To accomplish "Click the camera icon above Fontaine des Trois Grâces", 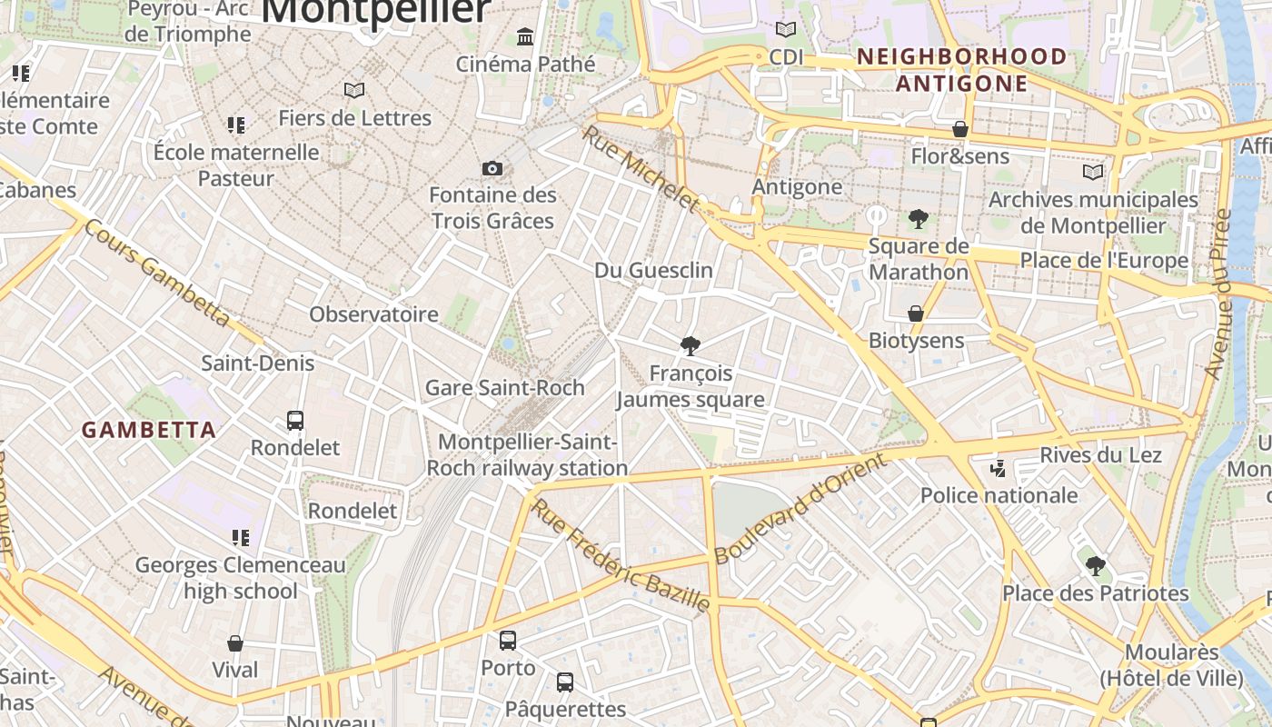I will [x=492, y=169].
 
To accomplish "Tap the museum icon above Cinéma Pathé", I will [x=525, y=37].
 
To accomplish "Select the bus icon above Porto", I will [x=508, y=641].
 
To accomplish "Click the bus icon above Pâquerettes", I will [x=565, y=682].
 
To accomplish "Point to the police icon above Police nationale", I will [x=999, y=469].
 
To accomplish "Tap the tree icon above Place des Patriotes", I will [x=1096, y=566].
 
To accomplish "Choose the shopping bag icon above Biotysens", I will [x=916, y=314].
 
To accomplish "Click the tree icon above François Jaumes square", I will [x=691, y=345].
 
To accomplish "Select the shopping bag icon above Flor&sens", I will [x=960, y=129].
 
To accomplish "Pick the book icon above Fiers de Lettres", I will [x=354, y=91].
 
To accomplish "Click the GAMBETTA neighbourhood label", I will [x=149, y=430].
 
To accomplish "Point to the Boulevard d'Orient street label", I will [x=800, y=509].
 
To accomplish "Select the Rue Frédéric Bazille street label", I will [x=619, y=554].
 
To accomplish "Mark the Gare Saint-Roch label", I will [x=505, y=388].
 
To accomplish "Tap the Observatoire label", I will [x=373, y=314].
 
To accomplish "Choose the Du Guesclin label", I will [x=653, y=271].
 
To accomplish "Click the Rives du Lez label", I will [x=1100, y=454].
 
